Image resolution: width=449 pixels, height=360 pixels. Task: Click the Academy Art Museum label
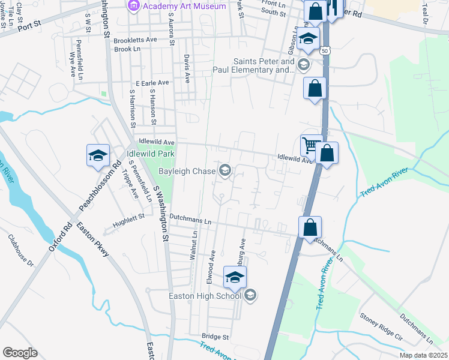tap(184, 7)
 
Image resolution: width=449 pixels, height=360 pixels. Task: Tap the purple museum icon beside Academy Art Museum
tap(133, 6)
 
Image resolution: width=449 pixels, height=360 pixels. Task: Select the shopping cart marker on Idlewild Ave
tap(310, 145)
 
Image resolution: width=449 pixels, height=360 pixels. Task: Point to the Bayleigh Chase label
tap(186, 172)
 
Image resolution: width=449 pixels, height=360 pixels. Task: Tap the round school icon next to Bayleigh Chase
tap(225, 172)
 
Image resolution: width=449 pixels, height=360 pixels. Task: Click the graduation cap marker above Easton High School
tap(235, 278)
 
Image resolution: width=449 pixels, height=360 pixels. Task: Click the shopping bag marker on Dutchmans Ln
tap(310, 228)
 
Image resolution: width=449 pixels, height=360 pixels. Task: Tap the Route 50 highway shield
tap(324, 52)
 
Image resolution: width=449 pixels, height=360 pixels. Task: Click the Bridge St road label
tap(215, 337)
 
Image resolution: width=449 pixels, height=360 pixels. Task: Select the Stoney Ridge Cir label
tap(381, 324)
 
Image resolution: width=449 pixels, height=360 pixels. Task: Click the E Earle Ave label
tap(152, 83)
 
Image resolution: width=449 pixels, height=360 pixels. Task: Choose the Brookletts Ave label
tap(135, 40)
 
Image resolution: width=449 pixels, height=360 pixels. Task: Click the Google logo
tap(20, 352)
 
